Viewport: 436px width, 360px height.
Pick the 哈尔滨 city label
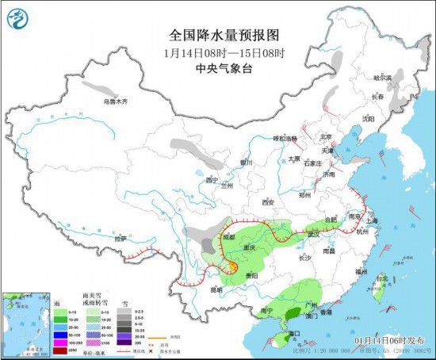coord(384,78)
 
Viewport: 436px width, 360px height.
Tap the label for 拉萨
coord(120,238)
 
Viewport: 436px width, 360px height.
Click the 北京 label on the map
coord(325,136)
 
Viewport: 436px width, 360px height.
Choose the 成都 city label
coord(229,236)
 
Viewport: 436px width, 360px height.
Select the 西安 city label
coord(266,202)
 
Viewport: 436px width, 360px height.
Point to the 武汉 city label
coord(313,233)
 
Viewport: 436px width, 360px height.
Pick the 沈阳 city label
coord(367,118)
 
